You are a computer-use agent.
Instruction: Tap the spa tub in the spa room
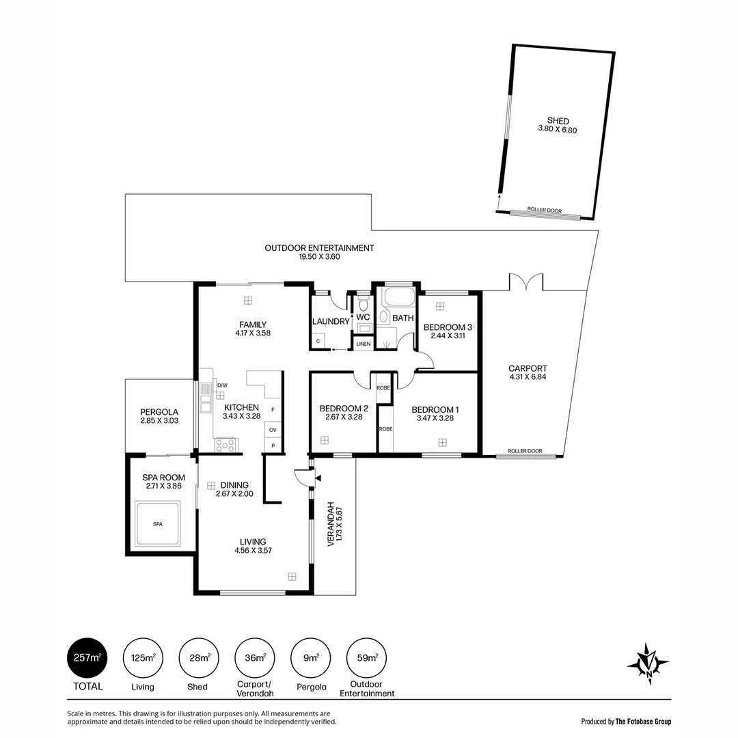pos(157,523)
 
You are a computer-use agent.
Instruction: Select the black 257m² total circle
pos(87,658)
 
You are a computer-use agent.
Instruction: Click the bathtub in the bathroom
pos(398,299)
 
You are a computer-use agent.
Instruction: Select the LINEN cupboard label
pos(364,344)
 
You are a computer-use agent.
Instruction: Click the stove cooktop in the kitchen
pos(225,445)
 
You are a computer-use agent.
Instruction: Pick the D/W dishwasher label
pos(221,385)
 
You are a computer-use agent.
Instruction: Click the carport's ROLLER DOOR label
pos(525,451)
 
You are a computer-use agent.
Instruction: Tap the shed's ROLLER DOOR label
pos(545,211)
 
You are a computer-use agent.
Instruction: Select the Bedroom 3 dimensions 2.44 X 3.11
pos(448,336)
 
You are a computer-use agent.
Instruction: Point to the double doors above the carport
pos(525,282)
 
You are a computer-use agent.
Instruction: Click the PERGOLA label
pos(159,412)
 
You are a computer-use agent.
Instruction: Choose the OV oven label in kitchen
pos(273,430)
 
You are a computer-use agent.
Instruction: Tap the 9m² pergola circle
pos(312,658)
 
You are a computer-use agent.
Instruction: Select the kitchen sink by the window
pos(205,398)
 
